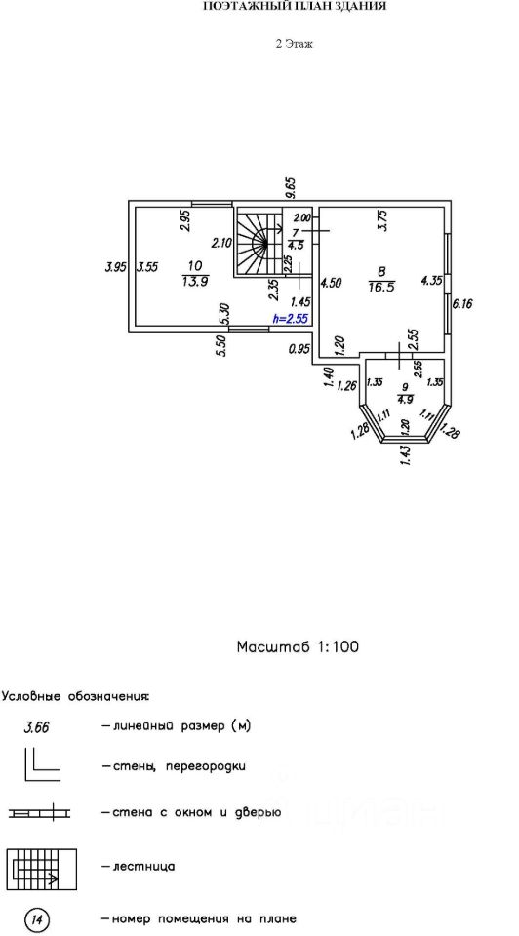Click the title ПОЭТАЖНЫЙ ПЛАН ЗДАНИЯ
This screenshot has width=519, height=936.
coord(295,7)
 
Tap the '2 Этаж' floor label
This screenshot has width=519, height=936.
coord(295,44)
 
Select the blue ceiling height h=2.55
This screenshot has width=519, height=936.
coord(290,319)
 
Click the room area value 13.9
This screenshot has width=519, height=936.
coord(195,283)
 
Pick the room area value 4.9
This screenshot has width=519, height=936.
coord(406,401)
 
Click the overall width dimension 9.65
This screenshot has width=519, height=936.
coord(291,188)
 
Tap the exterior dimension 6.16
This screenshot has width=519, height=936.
coord(462,304)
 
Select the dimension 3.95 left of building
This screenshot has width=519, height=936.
coord(114,267)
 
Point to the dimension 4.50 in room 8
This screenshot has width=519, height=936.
coord(331,283)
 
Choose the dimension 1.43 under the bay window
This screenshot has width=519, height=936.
coord(408,456)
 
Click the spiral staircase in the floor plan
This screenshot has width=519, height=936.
coord(258,242)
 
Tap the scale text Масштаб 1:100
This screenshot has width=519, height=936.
coord(298,647)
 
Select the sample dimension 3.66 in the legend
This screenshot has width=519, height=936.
coord(37,727)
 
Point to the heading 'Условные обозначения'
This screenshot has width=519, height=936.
coord(76,696)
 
